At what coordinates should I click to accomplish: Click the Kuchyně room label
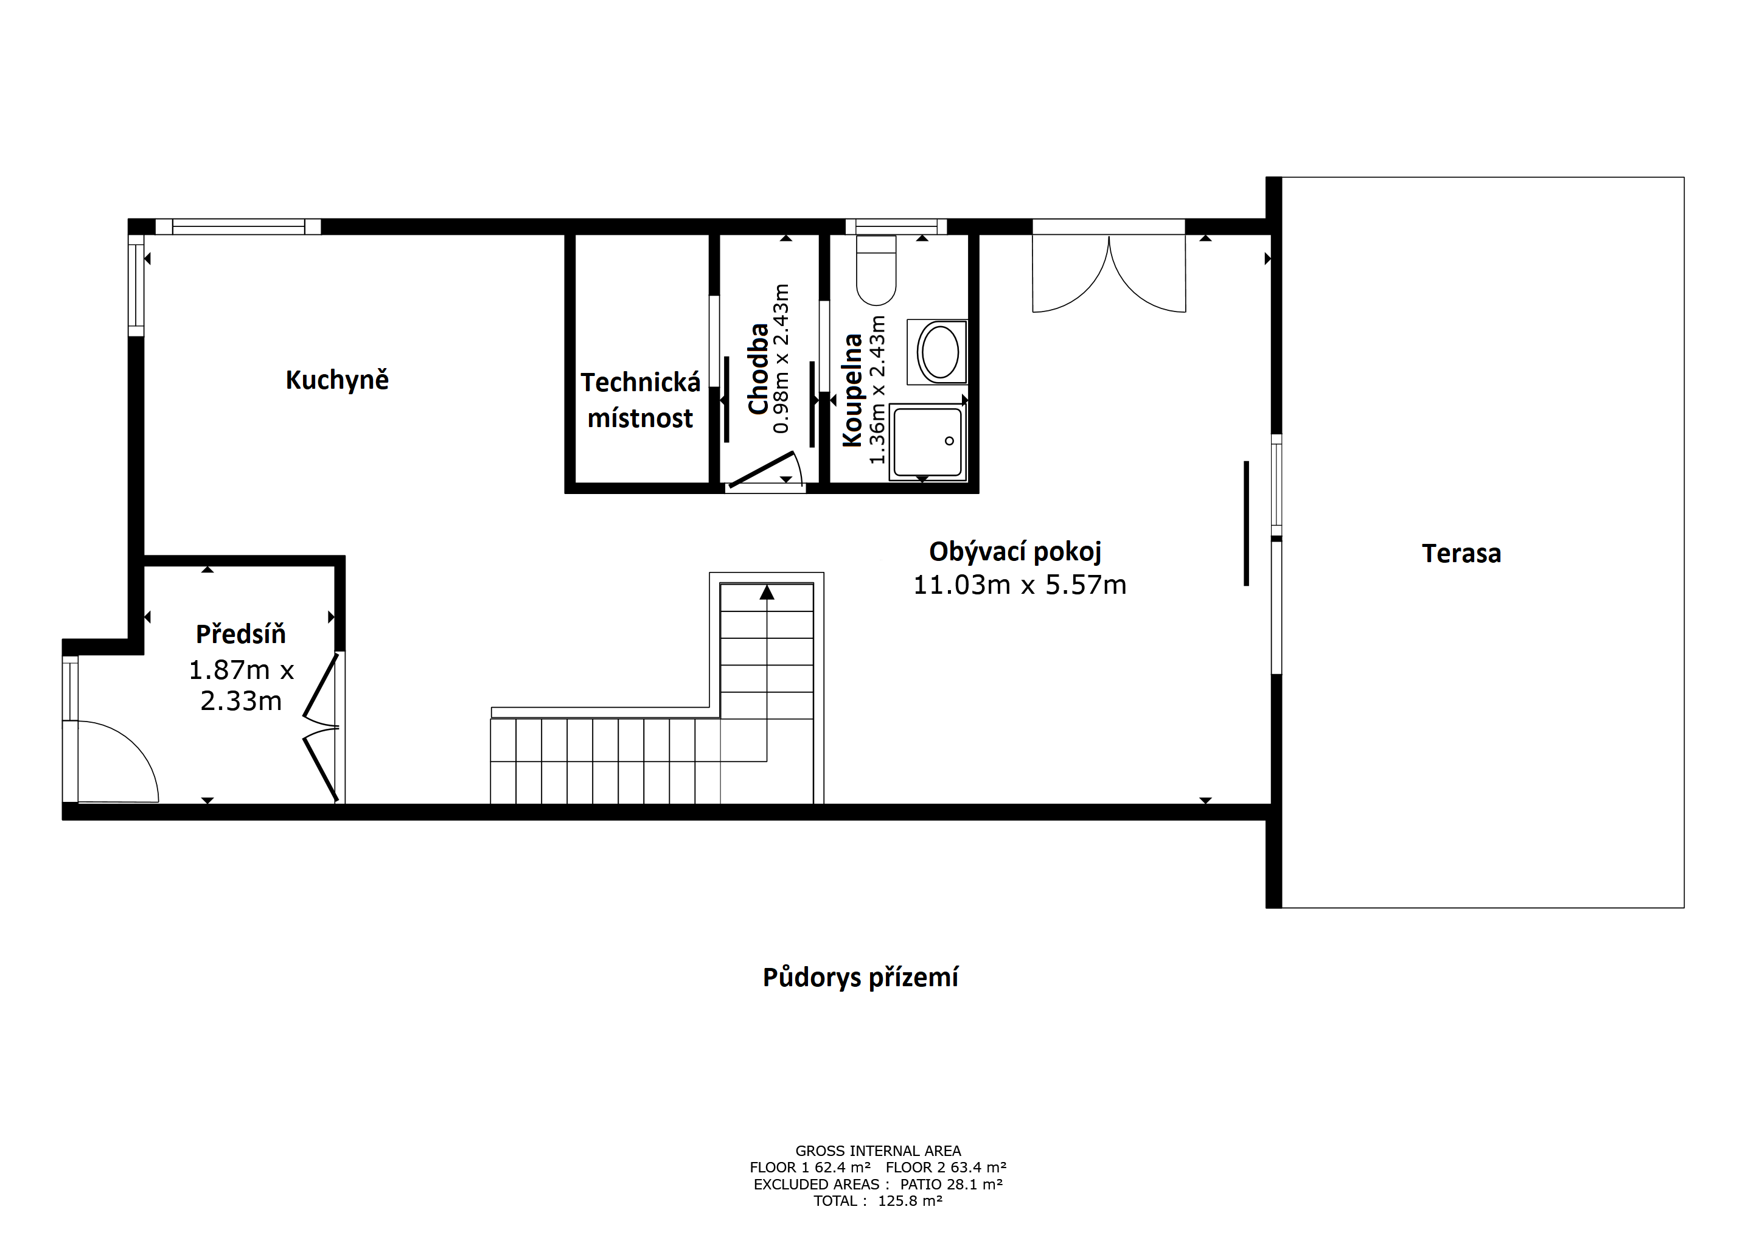337,380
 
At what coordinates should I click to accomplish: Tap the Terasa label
1461,553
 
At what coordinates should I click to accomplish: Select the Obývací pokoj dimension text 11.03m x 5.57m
1019,585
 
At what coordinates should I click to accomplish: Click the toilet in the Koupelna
876,270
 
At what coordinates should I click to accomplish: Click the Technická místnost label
640,400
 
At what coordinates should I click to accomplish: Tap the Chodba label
758,369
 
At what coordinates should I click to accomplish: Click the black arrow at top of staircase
767,593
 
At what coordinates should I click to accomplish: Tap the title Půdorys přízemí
860,978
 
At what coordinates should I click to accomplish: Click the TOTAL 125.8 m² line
878,1201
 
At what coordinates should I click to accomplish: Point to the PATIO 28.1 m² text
952,1184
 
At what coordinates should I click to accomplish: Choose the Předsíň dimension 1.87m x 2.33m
241,685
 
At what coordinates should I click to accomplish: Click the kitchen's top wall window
238,226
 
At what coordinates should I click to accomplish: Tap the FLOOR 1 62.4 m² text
810,1168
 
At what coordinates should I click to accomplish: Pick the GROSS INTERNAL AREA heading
878,1151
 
